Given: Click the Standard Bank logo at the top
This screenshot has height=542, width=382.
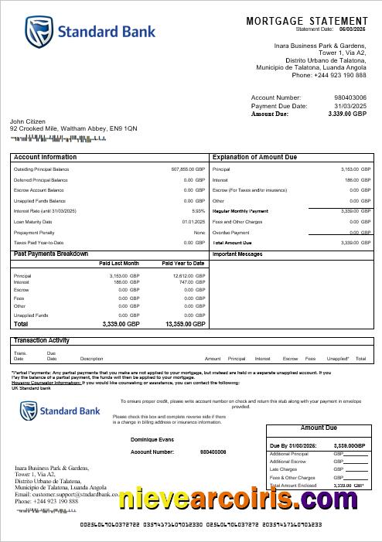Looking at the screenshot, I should pyautogui.click(x=90, y=32).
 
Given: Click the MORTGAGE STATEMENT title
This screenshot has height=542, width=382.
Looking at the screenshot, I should pyautogui.click(x=307, y=21).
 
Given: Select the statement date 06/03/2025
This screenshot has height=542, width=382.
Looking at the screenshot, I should pyautogui.click(x=353, y=29).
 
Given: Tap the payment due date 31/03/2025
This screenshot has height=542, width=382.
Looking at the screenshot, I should pyautogui.click(x=350, y=106).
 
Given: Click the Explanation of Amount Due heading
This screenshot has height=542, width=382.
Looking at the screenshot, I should pyautogui.click(x=254, y=157).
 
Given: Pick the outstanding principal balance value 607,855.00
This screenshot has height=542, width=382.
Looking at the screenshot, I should pyautogui.click(x=188, y=169).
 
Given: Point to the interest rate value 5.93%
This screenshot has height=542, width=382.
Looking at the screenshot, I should pyautogui.click(x=199, y=211).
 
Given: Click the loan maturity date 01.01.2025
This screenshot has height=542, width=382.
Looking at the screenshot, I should pyautogui.click(x=193, y=222).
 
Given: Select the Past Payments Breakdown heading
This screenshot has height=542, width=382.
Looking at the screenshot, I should pyautogui.click(x=51, y=254).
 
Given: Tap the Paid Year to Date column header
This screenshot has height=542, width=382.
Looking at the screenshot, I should pyautogui.click(x=183, y=264).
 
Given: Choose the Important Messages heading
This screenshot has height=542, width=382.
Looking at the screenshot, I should pyautogui.click(x=237, y=254).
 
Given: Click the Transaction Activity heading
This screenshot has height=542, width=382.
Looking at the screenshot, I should pyautogui.click(x=42, y=340).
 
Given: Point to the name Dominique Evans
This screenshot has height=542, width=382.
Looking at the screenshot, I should pyautogui.click(x=152, y=439).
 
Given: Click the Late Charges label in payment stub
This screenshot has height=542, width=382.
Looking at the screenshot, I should pyautogui.click(x=283, y=469).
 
